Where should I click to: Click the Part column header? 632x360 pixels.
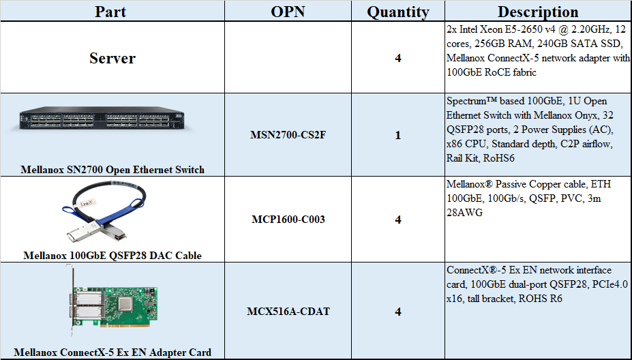click(110, 12)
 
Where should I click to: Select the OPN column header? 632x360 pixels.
click(288, 12)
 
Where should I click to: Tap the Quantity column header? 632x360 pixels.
click(398, 12)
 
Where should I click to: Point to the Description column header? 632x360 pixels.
click(538, 12)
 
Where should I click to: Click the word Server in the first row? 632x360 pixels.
click(112, 58)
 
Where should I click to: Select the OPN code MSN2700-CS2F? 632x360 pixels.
click(288, 134)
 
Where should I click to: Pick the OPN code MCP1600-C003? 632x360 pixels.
click(288, 220)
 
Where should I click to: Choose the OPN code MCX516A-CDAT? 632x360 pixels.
click(288, 311)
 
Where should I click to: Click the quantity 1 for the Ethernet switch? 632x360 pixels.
click(398, 135)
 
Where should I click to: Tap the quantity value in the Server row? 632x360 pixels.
click(398, 58)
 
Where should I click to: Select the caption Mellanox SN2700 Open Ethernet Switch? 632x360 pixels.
click(112, 169)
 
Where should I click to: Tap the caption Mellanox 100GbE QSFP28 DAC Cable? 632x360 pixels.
click(112, 255)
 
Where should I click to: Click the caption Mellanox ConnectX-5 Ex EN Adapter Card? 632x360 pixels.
click(112, 352)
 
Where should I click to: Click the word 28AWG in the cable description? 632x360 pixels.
click(464, 213)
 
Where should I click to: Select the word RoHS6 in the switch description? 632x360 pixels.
click(499, 158)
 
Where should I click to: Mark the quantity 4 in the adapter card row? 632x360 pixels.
click(398, 312)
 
